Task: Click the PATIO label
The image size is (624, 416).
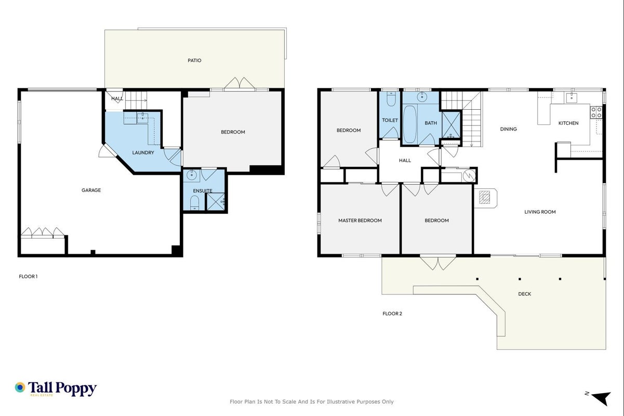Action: [x=194, y=60]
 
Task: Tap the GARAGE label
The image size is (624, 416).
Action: [x=91, y=190]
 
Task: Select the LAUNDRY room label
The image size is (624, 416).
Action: [x=143, y=152]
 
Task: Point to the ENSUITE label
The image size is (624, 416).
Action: [x=203, y=191]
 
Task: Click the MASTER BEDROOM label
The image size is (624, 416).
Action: [x=360, y=220]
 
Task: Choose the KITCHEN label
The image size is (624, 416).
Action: [x=568, y=123]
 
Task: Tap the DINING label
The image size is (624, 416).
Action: [x=508, y=129]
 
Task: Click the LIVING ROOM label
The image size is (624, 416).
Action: [x=540, y=212]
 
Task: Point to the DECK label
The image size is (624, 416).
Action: [x=525, y=294]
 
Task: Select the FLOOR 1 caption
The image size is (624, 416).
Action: [x=28, y=277]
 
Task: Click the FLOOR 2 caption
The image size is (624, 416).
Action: [x=392, y=314]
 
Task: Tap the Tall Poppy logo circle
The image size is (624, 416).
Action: [x=20, y=387]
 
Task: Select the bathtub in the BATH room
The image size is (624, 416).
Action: [x=410, y=124]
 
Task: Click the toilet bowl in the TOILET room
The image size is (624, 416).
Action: [x=391, y=99]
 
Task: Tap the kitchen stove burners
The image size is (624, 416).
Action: [x=596, y=112]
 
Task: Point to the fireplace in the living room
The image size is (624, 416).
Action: [x=485, y=198]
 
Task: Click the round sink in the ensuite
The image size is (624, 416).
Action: [x=191, y=176]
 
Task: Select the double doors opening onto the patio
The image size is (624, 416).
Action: [x=240, y=84]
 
